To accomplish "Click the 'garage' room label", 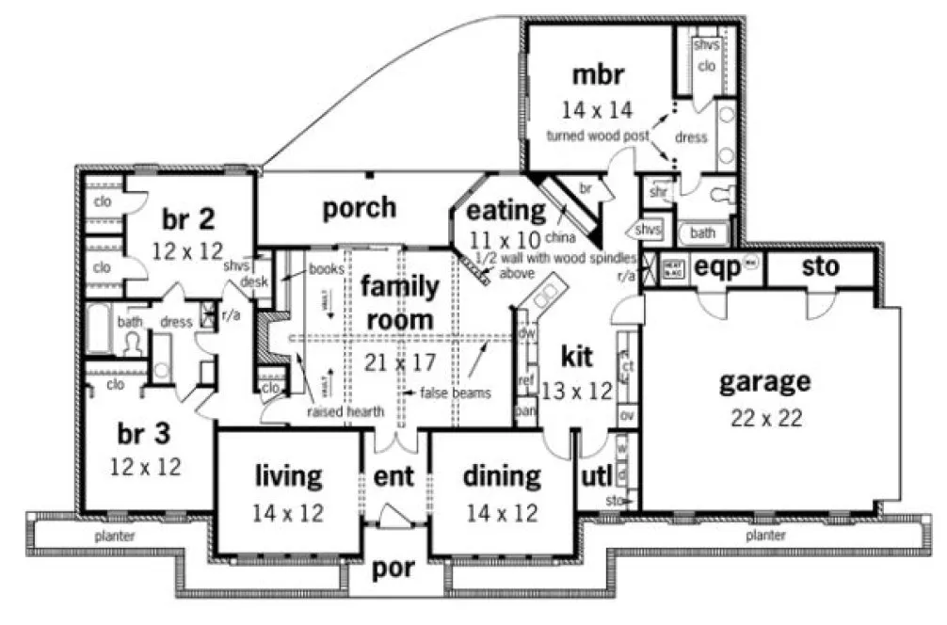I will coord(764,382).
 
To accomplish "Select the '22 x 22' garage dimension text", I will coord(765,418).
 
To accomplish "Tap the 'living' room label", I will coord(288,476).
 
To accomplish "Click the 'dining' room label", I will coord(502,476).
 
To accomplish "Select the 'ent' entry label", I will coord(394,477).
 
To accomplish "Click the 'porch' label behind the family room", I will coord(359,207).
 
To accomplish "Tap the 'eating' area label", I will coord(506,210).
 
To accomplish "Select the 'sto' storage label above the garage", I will coord(820,267).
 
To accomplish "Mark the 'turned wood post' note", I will coord(598,136).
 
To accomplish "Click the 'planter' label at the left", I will coord(114,536).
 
